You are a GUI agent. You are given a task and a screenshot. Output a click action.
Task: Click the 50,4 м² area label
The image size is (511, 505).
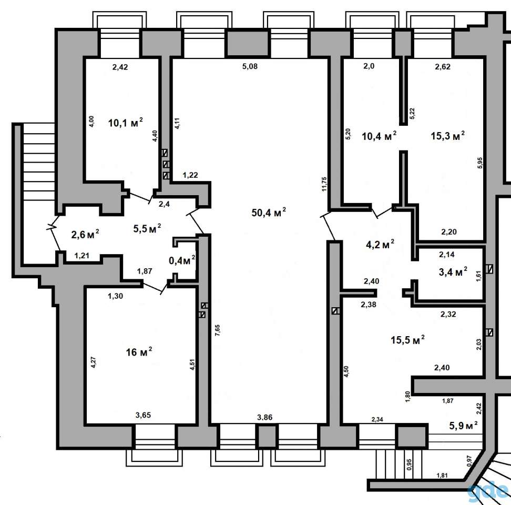pyautogui.click(x=269, y=213)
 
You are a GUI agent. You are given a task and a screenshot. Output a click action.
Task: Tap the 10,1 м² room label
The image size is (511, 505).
pyautogui.click(x=126, y=123)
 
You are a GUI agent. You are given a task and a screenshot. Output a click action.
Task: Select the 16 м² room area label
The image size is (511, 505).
pyautogui.click(x=139, y=351)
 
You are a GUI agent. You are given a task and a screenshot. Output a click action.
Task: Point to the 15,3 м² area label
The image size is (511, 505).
pyautogui.click(x=448, y=135)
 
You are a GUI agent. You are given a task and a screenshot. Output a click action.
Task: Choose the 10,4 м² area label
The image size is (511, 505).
pyautogui.click(x=380, y=136)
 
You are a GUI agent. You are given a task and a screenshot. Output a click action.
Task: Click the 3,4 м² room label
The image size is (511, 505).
pyautogui.click(x=453, y=271)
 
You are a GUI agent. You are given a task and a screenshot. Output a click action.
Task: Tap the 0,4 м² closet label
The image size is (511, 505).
pyautogui.click(x=182, y=260)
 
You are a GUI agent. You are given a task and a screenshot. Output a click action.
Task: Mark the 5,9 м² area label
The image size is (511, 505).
pyautogui.click(x=463, y=425)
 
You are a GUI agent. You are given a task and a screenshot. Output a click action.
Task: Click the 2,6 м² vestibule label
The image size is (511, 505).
pyautogui.click(x=85, y=234)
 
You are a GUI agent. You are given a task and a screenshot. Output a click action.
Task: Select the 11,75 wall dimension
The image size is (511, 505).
pyautogui.click(x=324, y=184)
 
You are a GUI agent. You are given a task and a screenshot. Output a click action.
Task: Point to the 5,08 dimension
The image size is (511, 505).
pyautogui.click(x=250, y=66)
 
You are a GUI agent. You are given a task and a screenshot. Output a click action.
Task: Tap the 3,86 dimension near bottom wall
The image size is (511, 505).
pyautogui.click(x=264, y=417)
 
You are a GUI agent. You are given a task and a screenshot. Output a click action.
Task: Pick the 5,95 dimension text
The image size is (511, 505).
pyautogui.click(x=479, y=163)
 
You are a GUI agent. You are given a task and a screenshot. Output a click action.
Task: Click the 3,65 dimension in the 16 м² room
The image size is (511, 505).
pyautogui.click(x=143, y=415)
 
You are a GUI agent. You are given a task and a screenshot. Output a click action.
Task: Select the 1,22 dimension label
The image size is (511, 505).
pyautogui.click(x=190, y=175)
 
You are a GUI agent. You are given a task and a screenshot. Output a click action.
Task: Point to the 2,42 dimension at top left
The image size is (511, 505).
pyautogui.click(x=120, y=67)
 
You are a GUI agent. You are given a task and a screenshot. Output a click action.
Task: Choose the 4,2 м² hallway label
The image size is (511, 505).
pyautogui.click(x=380, y=244)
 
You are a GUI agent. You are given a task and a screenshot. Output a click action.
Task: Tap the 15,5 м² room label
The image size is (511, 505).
pyautogui.click(x=407, y=340)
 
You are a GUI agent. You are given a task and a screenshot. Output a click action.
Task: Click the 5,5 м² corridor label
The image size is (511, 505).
pyautogui.click(x=147, y=228)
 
